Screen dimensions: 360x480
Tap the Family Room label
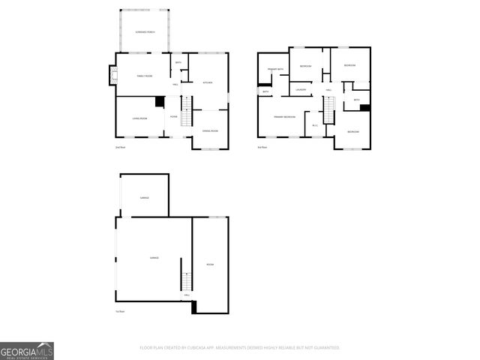(144, 76)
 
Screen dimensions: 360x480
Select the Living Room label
(139, 118)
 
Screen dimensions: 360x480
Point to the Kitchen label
(208, 82)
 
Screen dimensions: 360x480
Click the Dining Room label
(210, 131)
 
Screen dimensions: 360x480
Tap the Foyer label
(173, 117)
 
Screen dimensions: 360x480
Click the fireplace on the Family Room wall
(113, 75)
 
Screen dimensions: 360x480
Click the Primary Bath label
(275, 69)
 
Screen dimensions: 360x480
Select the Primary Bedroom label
(284, 117)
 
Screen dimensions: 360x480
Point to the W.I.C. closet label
(315, 124)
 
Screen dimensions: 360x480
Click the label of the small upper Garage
(144, 197)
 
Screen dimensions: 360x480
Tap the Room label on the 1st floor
(210, 265)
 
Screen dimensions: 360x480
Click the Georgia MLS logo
(27, 351)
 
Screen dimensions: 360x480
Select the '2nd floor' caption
(120, 147)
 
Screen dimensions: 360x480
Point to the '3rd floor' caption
(262, 147)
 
